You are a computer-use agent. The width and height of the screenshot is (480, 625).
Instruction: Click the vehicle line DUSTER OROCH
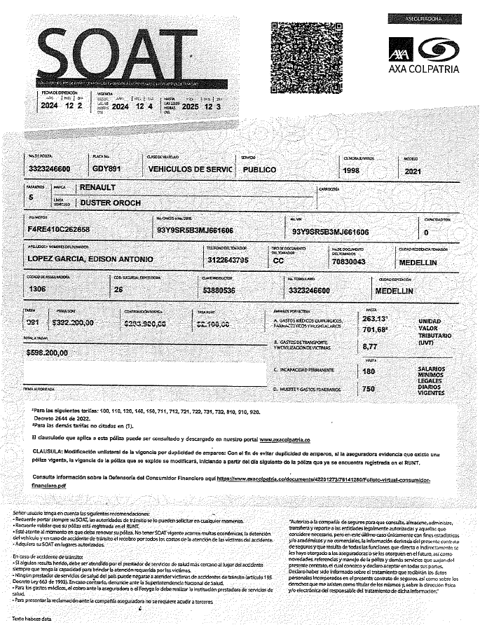(111, 203)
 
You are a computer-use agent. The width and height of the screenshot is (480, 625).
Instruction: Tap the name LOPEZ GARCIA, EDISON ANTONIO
(90, 260)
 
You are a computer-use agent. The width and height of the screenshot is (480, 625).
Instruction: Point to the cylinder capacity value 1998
(352, 170)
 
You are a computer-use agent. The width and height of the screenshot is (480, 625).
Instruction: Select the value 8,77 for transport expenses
(369, 345)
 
